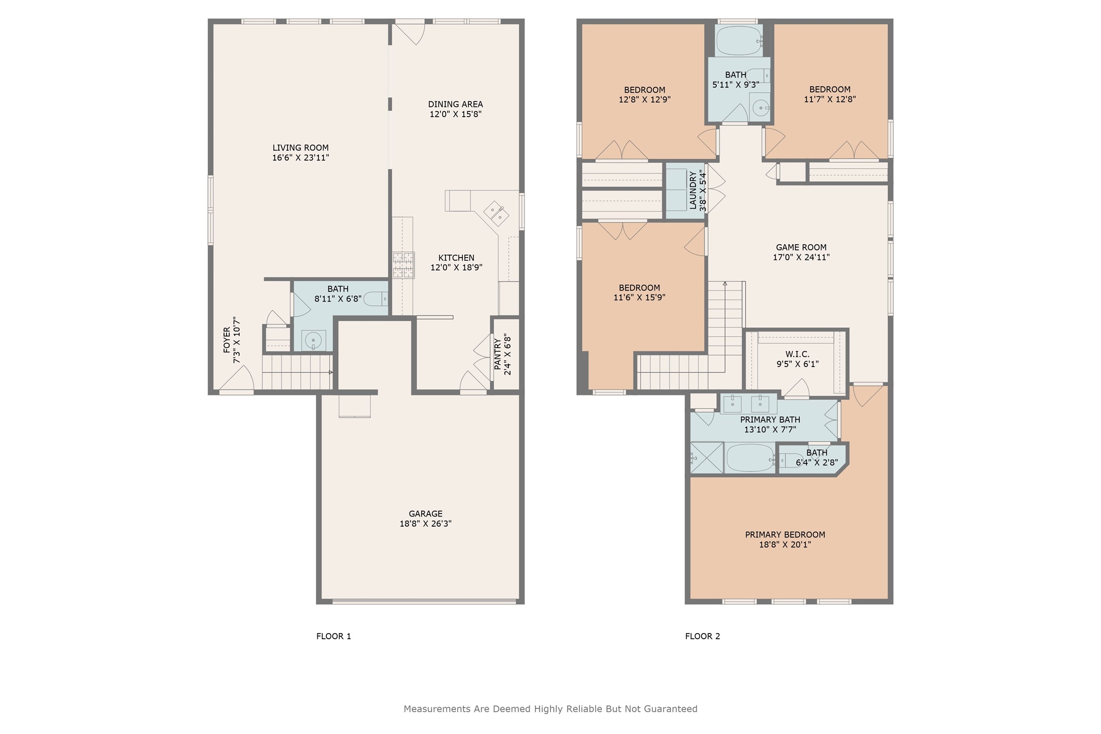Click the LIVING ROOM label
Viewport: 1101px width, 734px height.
click(x=301, y=148)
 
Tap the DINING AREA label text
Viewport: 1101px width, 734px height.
click(x=455, y=104)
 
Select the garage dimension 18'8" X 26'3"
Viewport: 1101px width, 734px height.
click(x=425, y=524)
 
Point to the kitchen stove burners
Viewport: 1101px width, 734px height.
click(x=403, y=265)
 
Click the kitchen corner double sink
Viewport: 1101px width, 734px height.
click(x=496, y=214)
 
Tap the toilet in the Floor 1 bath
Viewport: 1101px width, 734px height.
click(x=376, y=299)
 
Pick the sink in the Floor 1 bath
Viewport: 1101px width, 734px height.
click(x=314, y=340)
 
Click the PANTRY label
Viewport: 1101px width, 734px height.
click(x=498, y=354)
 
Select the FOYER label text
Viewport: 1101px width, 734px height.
click(x=227, y=340)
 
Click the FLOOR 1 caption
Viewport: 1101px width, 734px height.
click(x=334, y=636)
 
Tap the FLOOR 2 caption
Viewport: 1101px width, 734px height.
click(x=703, y=636)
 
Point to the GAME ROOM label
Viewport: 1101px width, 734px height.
click(x=801, y=247)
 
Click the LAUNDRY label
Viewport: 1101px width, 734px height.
click(x=693, y=190)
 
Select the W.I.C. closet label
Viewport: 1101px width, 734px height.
click(x=797, y=354)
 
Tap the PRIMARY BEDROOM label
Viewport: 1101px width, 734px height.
click(x=785, y=535)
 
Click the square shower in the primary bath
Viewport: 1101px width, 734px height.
click(x=707, y=458)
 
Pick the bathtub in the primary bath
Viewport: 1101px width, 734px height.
click(x=750, y=458)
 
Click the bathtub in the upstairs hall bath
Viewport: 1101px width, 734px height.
click(x=739, y=41)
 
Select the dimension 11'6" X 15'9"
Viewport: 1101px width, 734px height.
click(x=639, y=298)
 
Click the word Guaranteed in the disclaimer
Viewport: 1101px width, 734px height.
click(x=671, y=709)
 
